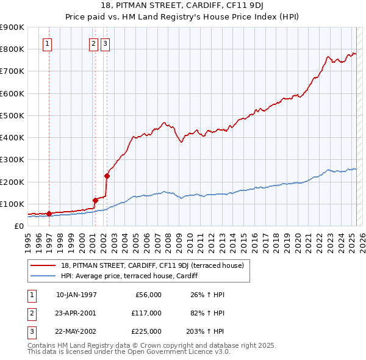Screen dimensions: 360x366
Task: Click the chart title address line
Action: click(x=183, y=7)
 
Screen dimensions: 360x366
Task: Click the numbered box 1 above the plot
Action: click(x=48, y=43)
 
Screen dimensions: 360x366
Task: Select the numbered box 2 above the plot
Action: click(x=93, y=43)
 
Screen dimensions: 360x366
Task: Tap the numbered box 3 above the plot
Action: click(x=105, y=43)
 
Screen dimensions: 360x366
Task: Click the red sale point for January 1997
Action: click(x=49, y=214)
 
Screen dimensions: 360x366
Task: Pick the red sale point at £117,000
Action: click(x=95, y=200)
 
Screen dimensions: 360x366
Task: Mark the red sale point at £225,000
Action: click(x=107, y=176)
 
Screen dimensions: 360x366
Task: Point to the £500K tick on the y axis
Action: click(x=13, y=115)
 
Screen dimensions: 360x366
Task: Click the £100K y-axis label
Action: click(x=13, y=204)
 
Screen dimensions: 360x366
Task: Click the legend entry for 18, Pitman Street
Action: click(x=152, y=265)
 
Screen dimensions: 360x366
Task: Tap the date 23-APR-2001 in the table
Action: click(x=76, y=313)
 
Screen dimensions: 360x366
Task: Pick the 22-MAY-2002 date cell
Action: click(x=76, y=331)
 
